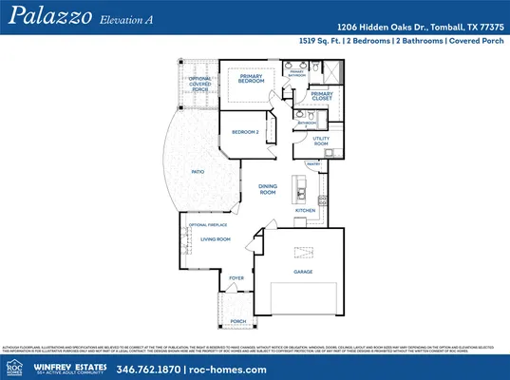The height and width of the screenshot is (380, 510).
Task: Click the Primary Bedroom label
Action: pyautogui.click(x=251, y=78)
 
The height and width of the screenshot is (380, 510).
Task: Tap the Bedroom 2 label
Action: pyautogui.click(x=245, y=132)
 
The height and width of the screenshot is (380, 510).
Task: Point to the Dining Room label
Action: pyautogui.click(x=268, y=189)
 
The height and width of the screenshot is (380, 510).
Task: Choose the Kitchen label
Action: pyautogui.click(x=305, y=210)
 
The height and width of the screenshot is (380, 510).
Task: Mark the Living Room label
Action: pyautogui.click(x=215, y=239)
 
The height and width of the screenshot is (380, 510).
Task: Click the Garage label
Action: pyautogui.click(x=304, y=272)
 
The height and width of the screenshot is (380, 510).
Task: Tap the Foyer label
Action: pyautogui.click(x=237, y=278)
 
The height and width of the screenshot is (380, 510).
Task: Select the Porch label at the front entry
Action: pyautogui.click(x=237, y=321)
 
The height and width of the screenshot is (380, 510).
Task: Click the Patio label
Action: pyautogui.click(x=198, y=172)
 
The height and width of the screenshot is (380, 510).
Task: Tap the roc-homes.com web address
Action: pyautogui.click(x=219, y=369)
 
